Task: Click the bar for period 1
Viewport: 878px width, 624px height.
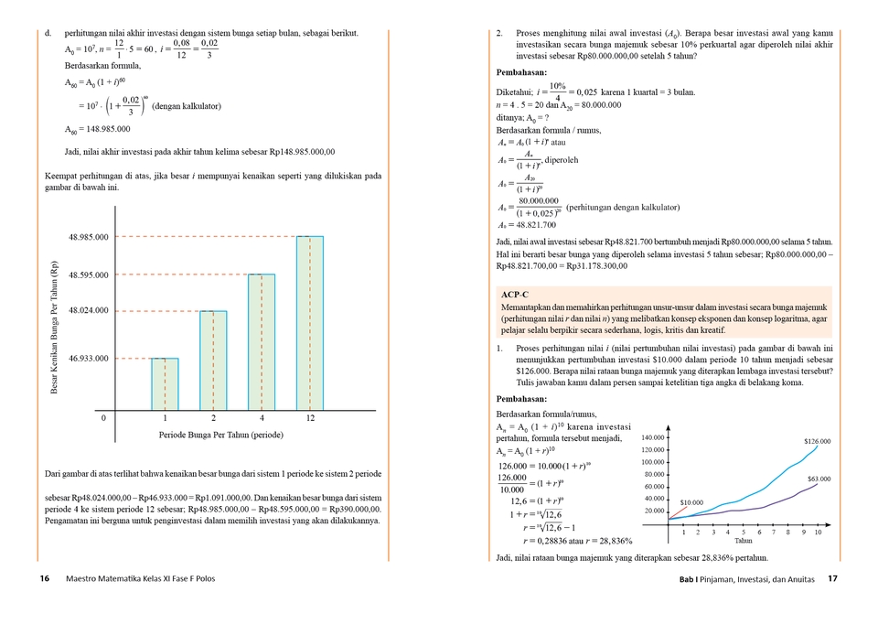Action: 165,383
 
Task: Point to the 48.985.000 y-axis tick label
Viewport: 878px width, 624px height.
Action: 89,237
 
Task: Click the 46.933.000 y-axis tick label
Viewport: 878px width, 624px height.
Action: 89,358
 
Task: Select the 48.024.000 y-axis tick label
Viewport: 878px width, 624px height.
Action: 89,310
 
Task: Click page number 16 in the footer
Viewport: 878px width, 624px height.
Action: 45,578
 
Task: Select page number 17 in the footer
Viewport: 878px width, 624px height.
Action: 832,578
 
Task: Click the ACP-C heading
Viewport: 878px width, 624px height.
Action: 515,294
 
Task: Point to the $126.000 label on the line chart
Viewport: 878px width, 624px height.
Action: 817,441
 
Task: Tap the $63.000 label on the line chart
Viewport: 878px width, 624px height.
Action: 819,479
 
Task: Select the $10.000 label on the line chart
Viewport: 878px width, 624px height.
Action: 691,502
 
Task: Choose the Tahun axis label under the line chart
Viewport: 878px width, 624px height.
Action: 744,541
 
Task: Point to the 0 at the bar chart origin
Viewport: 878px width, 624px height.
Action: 103,417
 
